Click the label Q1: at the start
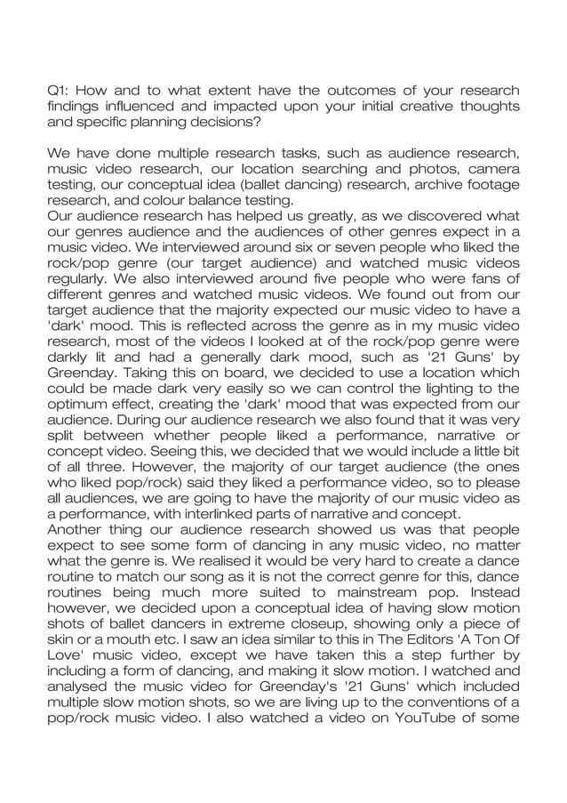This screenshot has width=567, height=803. point(58,91)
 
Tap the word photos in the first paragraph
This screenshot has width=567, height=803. point(425,170)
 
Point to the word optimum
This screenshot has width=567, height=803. point(77,410)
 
